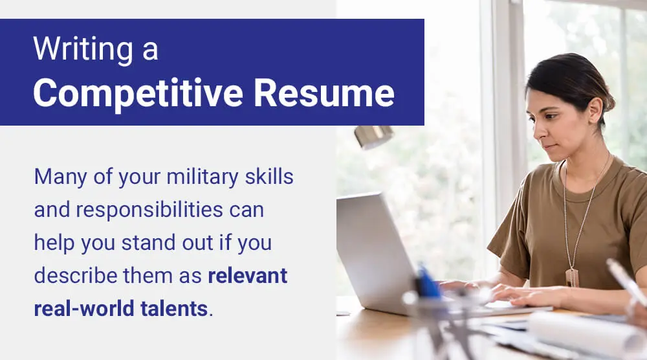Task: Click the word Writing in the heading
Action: pos(83,50)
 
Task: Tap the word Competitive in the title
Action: pos(138,93)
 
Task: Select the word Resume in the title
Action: pos(324,93)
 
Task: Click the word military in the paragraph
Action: pos(202,177)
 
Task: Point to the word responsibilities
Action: pos(149,210)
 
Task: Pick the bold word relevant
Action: pos(248,276)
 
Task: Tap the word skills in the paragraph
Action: pos(269,176)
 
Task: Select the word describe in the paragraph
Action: pos(76,275)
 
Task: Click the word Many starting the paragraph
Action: pos(60,177)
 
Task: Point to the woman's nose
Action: pos(538,131)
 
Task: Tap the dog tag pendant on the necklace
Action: pos(572,277)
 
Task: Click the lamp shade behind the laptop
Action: pos(374,136)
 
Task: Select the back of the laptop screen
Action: pos(373,252)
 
